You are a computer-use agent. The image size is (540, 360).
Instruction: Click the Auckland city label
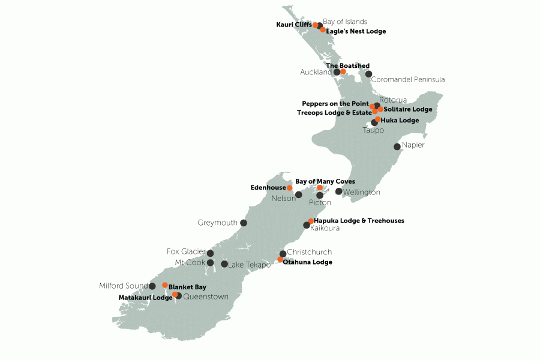pyautogui.click(x=316, y=72)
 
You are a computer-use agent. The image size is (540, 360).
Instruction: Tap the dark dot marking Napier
pyautogui.click(x=397, y=146)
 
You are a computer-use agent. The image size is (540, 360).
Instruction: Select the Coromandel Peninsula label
pyautogui.click(x=408, y=79)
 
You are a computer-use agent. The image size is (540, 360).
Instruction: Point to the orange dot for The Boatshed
pyautogui.click(x=343, y=72)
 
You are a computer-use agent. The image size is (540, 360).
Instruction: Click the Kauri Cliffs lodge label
pyautogui.click(x=293, y=25)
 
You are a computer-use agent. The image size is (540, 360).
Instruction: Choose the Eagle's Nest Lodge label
pyautogui.click(x=356, y=31)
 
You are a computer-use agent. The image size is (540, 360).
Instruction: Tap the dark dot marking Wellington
pyautogui.click(x=338, y=191)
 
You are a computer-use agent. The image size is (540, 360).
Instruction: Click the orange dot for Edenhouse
pyautogui.click(x=290, y=188)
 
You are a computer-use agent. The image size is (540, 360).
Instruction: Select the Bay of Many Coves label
pyautogui.click(x=325, y=181)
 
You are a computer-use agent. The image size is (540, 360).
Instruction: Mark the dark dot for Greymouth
pyautogui.click(x=244, y=223)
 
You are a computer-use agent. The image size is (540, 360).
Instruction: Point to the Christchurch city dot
pyautogui.click(x=283, y=254)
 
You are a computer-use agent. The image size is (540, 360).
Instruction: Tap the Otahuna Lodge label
pyautogui.click(x=307, y=262)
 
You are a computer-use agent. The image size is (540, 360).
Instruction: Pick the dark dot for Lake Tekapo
pyautogui.click(x=224, y=264)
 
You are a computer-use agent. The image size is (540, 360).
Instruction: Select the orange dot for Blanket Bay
pyautogui.click(x=165, y=285)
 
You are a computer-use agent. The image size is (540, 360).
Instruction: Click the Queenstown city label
pyautogui.click(x=206, y=296)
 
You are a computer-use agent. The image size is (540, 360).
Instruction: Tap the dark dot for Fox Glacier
pyautogui.click(x=210, y=253)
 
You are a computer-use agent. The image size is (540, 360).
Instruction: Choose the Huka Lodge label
pyautogui.click(x=400, y=121)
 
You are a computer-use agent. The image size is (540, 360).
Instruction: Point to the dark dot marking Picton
pyautogui.click(x=320, y=195)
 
